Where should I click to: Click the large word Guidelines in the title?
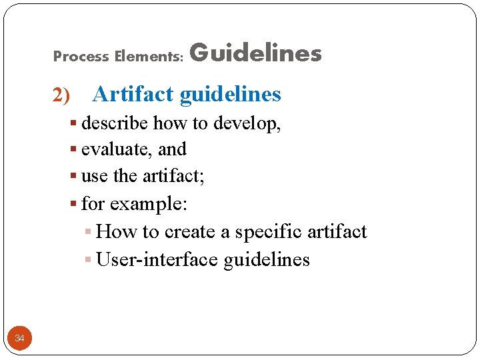(256, 53)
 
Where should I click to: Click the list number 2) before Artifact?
(61, 96)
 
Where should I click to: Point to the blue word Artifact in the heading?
(134, 95)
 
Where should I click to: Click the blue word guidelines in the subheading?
(231, 95)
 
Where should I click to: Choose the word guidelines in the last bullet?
(267, 259)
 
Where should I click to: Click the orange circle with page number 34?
(19, 339)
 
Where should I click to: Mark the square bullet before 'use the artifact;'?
(74, 177)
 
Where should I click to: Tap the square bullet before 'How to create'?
(89, 232)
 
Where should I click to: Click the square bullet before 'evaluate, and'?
(74, 150)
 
